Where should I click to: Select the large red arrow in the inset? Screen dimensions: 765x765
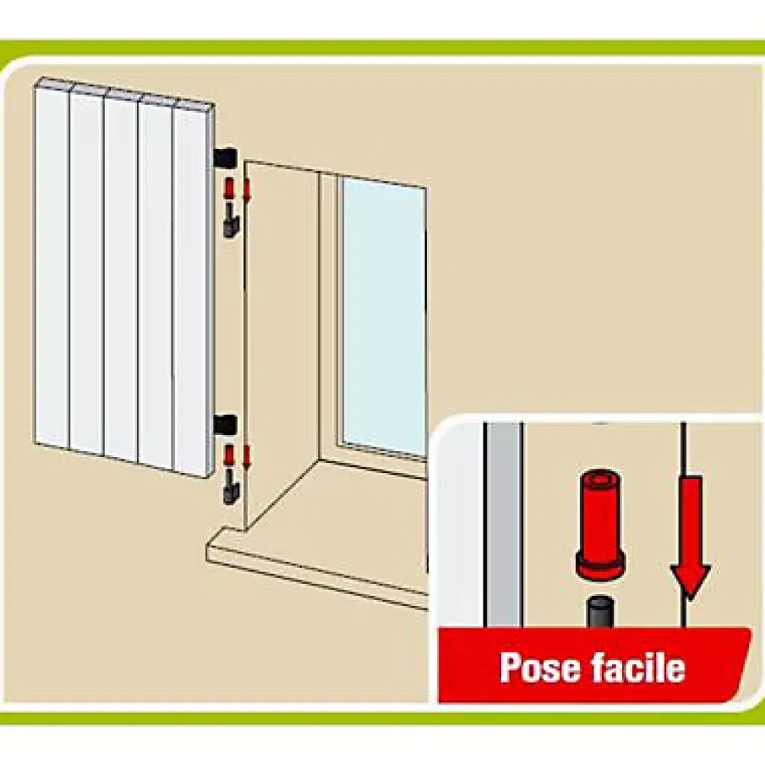(690, 536)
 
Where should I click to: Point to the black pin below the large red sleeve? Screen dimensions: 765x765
(601, 611)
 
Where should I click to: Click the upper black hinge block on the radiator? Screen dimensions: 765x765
(225, 157)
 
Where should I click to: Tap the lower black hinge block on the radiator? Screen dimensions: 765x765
(225, 424)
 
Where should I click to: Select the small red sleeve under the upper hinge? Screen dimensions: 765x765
(229, 188)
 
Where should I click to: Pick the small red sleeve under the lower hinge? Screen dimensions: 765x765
(229, 456)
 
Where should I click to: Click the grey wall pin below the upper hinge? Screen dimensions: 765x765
(229, 222)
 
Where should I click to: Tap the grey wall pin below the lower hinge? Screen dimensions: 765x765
(229, 489)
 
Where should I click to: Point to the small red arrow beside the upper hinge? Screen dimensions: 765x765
(246, 191)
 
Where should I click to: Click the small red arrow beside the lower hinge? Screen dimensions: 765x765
(246, 457)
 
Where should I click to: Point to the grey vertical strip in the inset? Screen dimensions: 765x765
(505, 524)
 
